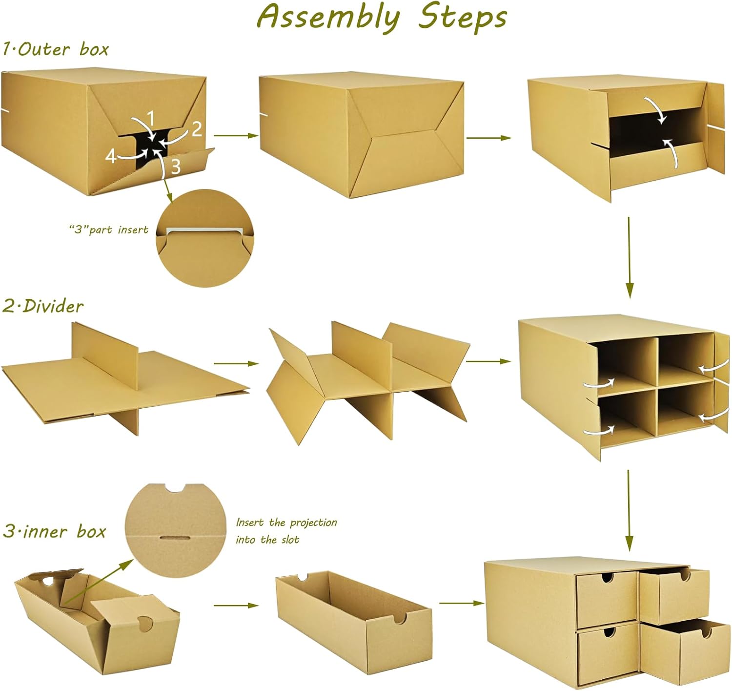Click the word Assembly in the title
click(328, 18)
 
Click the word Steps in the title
click(463, 18)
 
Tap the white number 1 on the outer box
click(150, 119)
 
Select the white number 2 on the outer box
click(197, 129)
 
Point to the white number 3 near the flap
click(176, 167)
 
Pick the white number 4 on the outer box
click(111, 156)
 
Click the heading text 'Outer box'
click(63, 49)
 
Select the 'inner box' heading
click(64, 532)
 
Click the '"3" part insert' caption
click(109, 230)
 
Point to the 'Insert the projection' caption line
click(286, 523)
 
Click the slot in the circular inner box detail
click(175, 538)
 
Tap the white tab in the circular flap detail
click(205, 231)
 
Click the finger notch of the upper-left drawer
click(607, 577)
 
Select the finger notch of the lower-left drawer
click(609, 632)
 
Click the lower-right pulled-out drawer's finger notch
click(706, 632)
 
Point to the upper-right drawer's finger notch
click(685, 575)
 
